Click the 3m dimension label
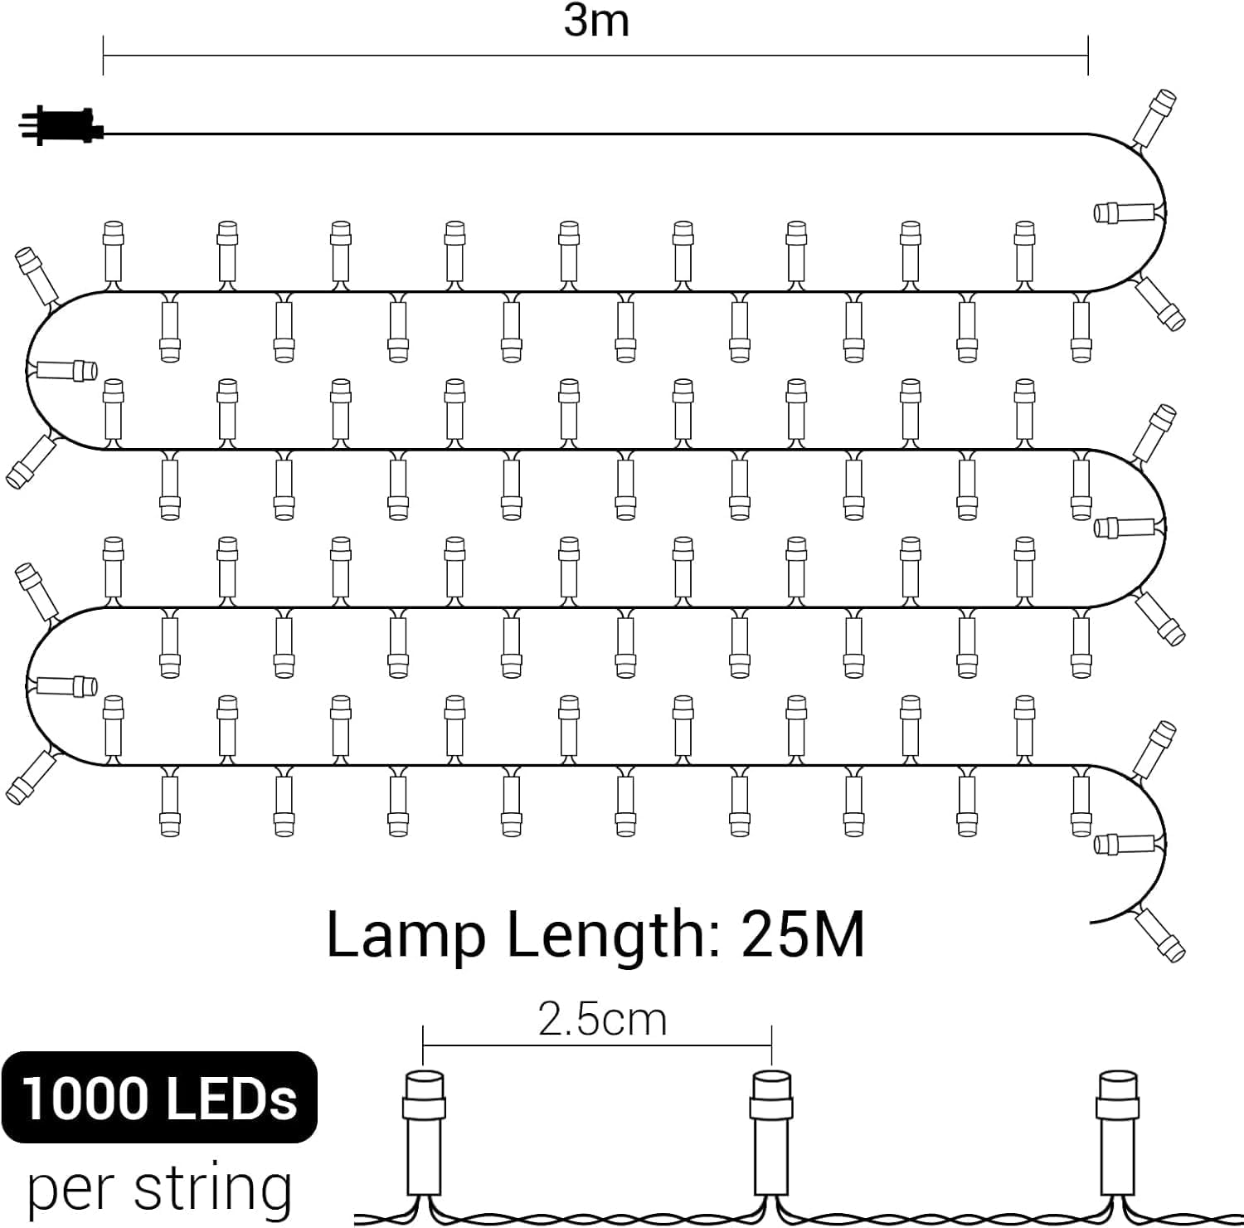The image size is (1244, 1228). (596, 21)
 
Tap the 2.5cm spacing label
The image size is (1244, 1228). (602, 1019)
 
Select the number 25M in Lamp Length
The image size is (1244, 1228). (803, 935)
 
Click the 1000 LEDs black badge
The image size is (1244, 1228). (159, 1097)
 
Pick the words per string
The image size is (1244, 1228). (159, 1188)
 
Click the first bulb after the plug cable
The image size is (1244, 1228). (1154, 116)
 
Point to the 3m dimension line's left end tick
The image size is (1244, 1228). (103, 56)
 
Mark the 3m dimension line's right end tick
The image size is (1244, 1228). (1087, 56)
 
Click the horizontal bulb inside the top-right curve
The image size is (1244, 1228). (1125, 212)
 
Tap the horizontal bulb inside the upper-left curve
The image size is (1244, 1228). (66, 369)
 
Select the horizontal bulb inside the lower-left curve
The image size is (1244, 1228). (66, 686)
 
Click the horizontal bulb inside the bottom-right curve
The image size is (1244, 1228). (1125, 844)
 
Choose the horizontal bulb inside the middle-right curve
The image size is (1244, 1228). (1125, 527)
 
